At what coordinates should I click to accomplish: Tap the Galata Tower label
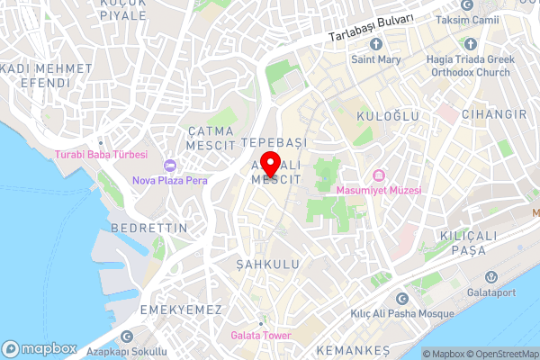pos(261,336)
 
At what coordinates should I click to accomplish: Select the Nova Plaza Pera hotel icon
pos(169,165)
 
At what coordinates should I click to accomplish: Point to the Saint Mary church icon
pos(375,44)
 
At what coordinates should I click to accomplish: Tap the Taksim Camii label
pos(467,20)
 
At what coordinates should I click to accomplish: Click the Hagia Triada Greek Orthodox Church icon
pos(470,43)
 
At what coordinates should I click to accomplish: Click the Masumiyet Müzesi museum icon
pos(378,175)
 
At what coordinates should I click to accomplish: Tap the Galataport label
pos(491,292)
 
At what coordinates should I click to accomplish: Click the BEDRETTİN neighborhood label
pos(148,229)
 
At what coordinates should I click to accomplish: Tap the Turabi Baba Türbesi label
pos(101,155)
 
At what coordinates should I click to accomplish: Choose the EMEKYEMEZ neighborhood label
pos(181,309)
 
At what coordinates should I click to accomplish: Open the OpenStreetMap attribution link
pos(500,354)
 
